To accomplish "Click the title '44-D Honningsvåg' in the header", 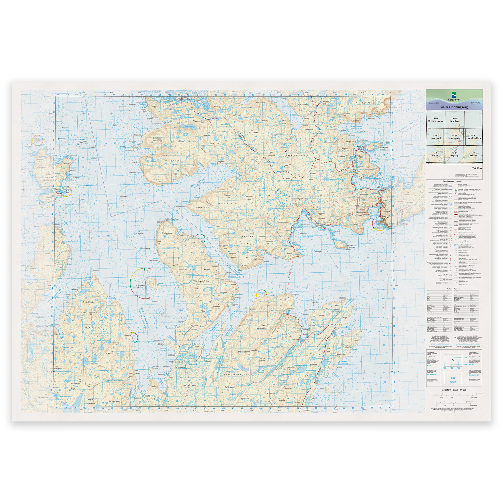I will (454, 107).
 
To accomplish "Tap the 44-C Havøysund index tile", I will (435, 137).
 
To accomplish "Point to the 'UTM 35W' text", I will (476, 168).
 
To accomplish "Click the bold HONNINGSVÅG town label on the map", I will (378, 228).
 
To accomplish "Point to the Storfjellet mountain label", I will (89, 302).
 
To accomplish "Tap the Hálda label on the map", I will (109, 354).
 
